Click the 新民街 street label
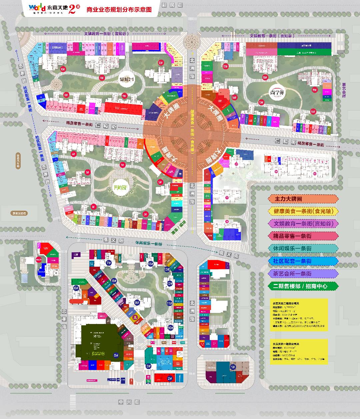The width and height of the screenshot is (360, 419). tap(172, 5)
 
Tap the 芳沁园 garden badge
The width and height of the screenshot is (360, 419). tap(118, 187)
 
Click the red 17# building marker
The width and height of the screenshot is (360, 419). tap(225, 67)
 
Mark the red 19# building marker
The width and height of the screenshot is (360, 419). tap(314, 90)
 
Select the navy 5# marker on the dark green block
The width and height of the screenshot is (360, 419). tap(116, 355)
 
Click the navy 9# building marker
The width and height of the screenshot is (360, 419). tap(137, 302)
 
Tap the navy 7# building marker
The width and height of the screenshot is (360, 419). tap(109, 263)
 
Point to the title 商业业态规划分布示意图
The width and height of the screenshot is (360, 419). tap(119, 9)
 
